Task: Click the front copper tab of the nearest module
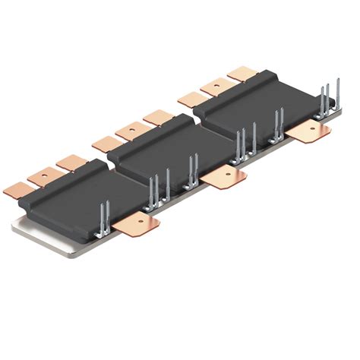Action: (x=137, y=223)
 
